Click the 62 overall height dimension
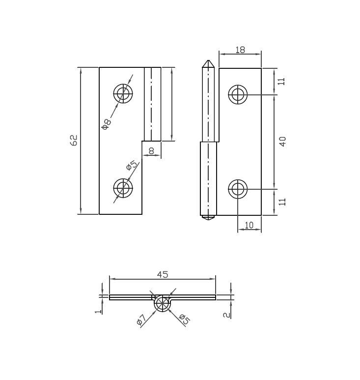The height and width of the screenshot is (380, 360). [x=74, y=140]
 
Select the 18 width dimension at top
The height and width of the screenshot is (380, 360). [x=240, y=50]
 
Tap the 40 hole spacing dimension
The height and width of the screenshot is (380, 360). [x=282, y=142]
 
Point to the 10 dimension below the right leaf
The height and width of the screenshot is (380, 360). [x=249, y=225]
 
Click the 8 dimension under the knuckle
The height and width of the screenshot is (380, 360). [x=151, y=151]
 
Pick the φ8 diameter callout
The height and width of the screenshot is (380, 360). [x=107, y=123]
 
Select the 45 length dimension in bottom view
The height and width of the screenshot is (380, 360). [x=162, y=274]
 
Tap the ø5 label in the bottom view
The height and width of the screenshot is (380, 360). [x=184, y=319]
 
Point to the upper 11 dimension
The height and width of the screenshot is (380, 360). [x=282, y=81]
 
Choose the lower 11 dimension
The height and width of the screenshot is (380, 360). [x=282, y=202]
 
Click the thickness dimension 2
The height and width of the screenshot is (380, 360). [x=226, y=314]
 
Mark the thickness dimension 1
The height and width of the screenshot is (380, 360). [x=98, y=311]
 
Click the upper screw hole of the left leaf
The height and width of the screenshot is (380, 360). [x=123, y=93]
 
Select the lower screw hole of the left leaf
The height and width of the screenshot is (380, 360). [x=123, y=187]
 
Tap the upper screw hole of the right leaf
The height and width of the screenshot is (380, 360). [x=238, y=94]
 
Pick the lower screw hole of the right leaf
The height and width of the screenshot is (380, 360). [x=238, y=189]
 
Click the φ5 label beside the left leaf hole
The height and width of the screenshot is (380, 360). [x=131, y=165]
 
